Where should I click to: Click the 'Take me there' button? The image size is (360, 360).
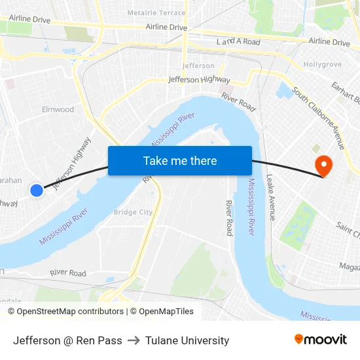click(179, 160)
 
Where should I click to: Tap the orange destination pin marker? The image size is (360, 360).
click(323, 164)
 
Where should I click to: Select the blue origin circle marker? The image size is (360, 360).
click(37, 190)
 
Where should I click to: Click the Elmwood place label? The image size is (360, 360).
click(58, 109)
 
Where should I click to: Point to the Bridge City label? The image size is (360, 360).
click(133, 212)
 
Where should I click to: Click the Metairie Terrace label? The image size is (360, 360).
click(156, 12)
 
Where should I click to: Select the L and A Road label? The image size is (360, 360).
click(238, 42)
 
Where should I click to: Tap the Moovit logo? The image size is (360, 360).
click(321, 340)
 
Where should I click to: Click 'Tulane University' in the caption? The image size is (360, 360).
click(187, 340)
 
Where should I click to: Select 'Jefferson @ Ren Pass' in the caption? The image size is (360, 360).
click(67, 340)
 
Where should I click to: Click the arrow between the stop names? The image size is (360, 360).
click(134, 340)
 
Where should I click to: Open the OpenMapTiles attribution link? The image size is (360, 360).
click(162, 312)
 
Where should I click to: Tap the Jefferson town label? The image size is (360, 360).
click(198, 66)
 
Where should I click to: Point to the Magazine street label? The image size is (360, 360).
click(350, 266)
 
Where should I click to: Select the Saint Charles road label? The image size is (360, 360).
click(348, 229)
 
